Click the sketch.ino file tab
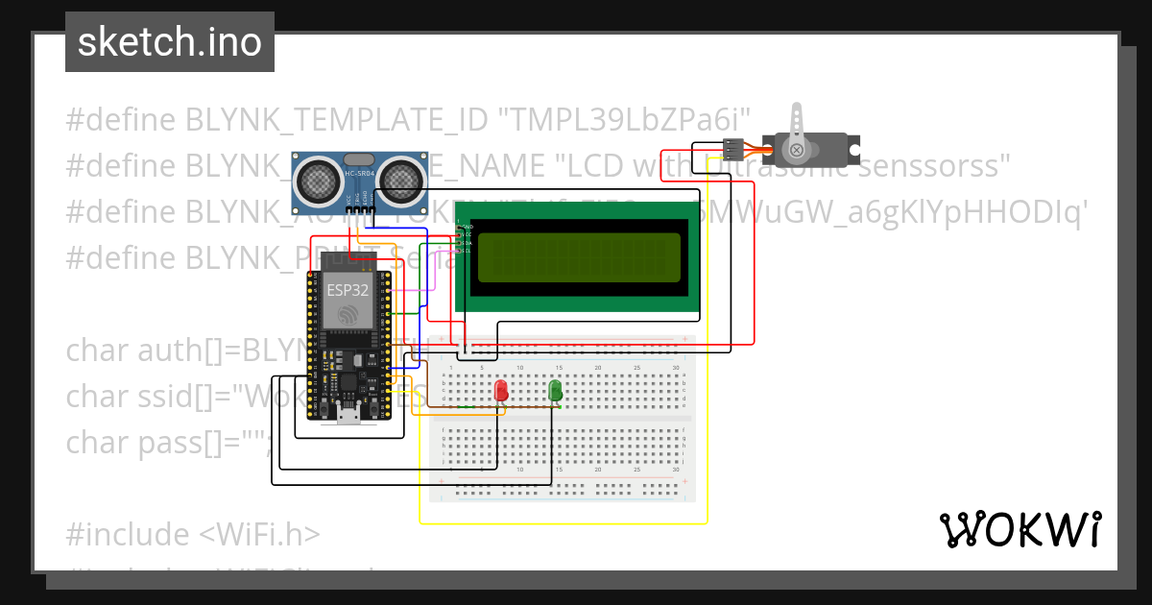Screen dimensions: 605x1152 (x=169, y=42)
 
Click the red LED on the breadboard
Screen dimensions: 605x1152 (x=501, y=390)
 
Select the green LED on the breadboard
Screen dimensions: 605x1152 (x=555, y=389)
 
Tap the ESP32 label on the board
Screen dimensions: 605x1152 (x=341, y=289)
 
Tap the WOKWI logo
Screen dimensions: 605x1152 (x=1020, y=529)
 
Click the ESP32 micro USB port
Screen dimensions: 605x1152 (x=349, y=412)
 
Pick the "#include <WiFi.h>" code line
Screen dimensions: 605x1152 (x=193, y=533)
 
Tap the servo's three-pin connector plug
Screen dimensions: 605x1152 (x=732, y=150)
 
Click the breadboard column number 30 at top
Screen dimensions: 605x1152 (x=676, y=368)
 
